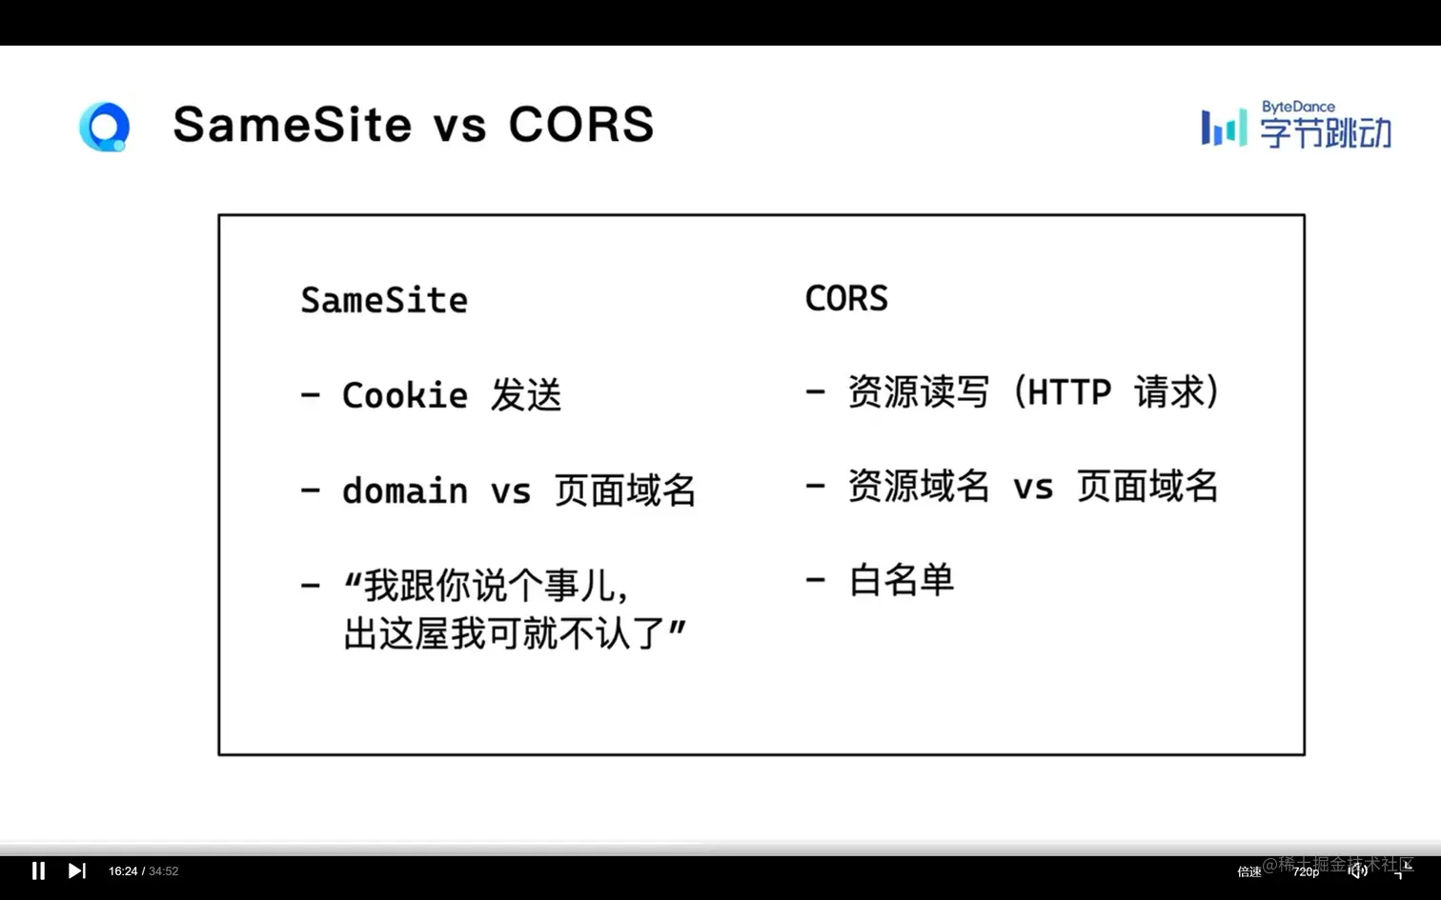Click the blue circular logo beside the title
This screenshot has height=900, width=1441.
[x=104, y=127]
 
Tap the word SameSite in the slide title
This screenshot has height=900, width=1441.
[x=292, y=124]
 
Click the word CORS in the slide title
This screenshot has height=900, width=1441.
[x=581, y=124]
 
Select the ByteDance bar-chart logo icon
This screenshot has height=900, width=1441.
[x=1224, y=128]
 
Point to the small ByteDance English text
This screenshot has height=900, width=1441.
[x=1298, y=107]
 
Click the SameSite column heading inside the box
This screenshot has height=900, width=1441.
[x=384, y=300]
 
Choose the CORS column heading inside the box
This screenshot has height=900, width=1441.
[x=846, y=298]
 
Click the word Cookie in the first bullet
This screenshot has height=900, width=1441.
[x=405, y=394]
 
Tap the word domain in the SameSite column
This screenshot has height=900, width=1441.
[x=405, y=490]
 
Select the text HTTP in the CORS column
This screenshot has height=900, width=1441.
[x=1069, y=391]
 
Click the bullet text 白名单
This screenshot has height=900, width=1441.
[x=902, y=580]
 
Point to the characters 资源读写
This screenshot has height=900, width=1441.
[x=919, y=391]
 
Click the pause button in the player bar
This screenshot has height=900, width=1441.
[x=38, y=871]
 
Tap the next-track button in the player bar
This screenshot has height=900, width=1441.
[x=76, y=871]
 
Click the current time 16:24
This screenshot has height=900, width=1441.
[x=123, y=871]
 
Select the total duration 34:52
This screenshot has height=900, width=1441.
[x=163, y=871]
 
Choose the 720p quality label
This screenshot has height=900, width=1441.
[x=1306, y=871]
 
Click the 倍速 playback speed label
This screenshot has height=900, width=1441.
[x=1249, y=871]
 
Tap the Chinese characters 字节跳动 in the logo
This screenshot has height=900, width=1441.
[x=1325, y=132]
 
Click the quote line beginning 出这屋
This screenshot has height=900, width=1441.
[x=514, y=633]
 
